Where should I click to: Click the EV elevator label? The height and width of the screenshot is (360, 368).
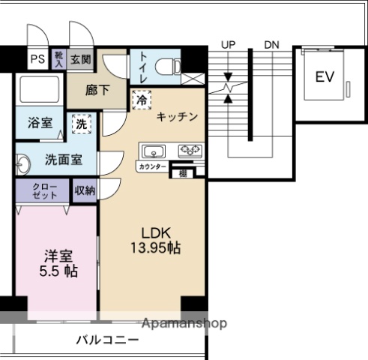click(323, 76)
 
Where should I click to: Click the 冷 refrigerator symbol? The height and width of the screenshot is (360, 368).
click(141, 98)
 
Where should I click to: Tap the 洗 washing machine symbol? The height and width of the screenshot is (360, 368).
click(80, 125)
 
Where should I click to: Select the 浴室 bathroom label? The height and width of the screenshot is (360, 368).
click(40, 122)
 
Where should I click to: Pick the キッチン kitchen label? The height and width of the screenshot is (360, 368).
click(178, 116)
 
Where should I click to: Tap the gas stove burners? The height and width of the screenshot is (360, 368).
click(190, 150)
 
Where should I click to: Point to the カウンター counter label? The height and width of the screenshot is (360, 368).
click(152, 166)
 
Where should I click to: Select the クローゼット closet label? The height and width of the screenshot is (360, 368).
click(40, 190)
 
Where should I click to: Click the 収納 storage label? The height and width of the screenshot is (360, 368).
click(85, 190)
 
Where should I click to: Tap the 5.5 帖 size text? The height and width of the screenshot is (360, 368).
click(58, 270)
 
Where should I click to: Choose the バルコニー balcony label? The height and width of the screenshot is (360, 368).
click(106, 340)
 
